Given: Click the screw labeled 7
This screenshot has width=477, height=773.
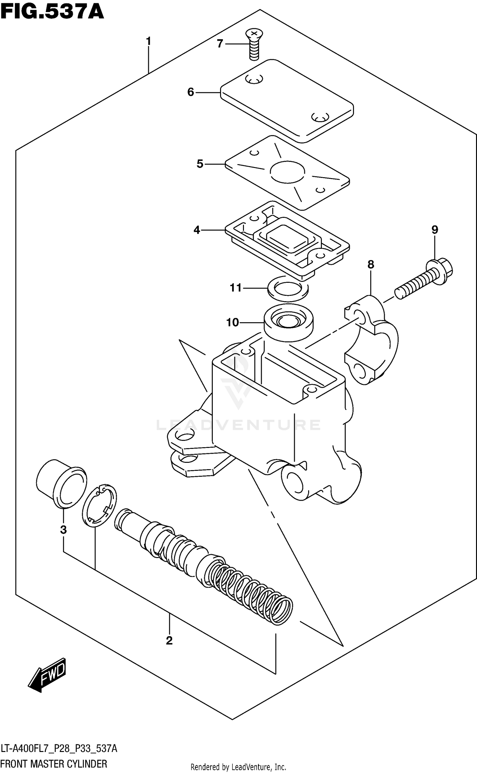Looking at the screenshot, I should [254, 44].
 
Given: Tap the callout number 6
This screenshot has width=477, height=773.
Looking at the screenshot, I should [190, 92].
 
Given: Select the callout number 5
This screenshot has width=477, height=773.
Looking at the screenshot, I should [200, 164].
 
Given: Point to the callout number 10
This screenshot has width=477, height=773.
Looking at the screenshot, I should [232, 323].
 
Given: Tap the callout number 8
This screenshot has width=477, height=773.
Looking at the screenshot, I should [371, 264].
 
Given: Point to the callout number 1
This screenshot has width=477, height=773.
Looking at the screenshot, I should [148, 41].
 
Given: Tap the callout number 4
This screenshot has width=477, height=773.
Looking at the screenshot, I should [197, 230].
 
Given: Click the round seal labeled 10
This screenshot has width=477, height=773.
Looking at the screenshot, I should [288, 322].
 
